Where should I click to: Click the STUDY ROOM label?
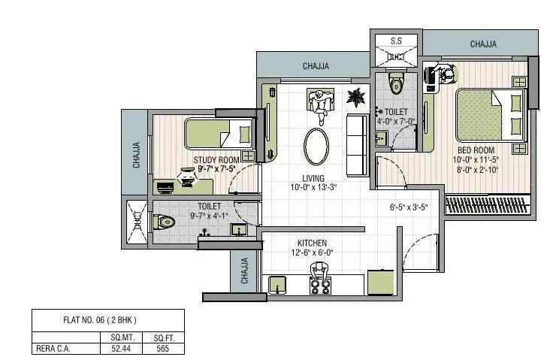tap(216, 160)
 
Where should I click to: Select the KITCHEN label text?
tap(311, 243)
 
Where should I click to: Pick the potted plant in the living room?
tap(355, 96)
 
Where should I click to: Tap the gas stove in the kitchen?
tap(321, 286)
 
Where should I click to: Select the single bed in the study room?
tap(219, 136)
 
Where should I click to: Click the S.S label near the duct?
tap(395, 41)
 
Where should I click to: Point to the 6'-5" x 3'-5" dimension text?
tap(408, 207)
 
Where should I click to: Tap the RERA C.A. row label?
tap(54, 348)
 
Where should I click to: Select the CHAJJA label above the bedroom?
tap(483, 44)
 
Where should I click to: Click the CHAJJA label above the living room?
tap(316, 66)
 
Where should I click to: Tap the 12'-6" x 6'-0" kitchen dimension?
tap(311, 253)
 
